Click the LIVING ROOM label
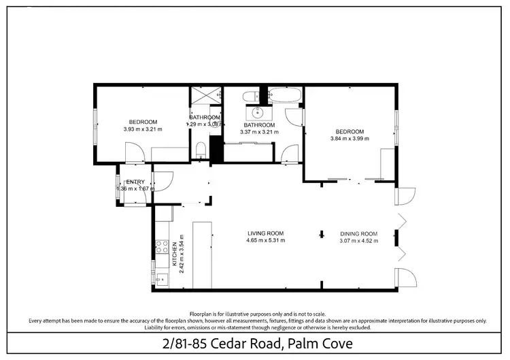pos(266,233)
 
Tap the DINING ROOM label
pos(358,233)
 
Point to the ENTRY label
pos(136,182)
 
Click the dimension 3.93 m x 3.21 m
pos(143,129)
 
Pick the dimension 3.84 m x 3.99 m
pos(349,139)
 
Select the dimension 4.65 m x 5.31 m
pos(266,240)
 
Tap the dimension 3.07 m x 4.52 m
pos(358,240)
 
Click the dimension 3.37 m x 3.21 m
pos(259,132)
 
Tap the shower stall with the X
pos(201,96)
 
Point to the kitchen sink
pos(161,278)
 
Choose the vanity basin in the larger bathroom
pos(258,112)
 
